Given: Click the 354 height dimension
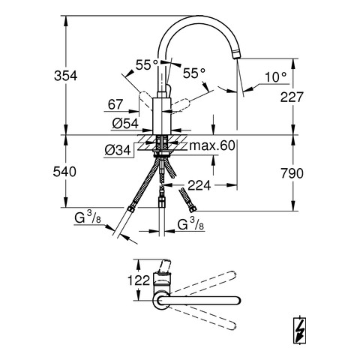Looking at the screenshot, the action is click(x=66, y=76).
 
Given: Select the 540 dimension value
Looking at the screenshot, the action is click(x=64, y=172).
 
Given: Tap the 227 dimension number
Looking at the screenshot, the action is click(x=292, y=97).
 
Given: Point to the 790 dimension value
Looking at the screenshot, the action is click(x=292, y=173).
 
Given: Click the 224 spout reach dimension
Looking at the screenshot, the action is click(x=199, y=185).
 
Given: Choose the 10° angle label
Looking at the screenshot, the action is click(x=275, y=77).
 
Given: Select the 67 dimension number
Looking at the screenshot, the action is click(x=115, y=104).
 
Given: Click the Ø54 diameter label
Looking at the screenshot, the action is click(x=125, y=123).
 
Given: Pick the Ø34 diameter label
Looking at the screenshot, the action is click(x=118, y=150).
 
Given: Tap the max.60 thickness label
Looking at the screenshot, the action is click(x=212, y=145).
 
